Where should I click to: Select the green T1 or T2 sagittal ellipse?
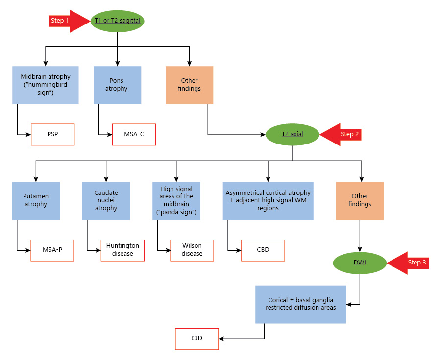(x=117, y=21)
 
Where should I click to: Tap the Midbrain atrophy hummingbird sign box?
(x=45, y=85)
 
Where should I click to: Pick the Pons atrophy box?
(x=117, y=85)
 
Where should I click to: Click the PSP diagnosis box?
(x=52, y=134)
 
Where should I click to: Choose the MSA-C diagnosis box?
(x=134, y=134)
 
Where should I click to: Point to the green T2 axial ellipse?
(x=293, y=134)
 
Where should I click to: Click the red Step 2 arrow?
(x=341, y=134)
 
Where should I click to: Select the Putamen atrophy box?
(x=36, y=201)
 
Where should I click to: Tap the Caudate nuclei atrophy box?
(x=106, y=201)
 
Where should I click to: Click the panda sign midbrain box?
(x=176, y=201)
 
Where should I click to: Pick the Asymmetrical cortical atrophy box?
(x=268, y=201)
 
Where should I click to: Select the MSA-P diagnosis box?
(x=52, y=250)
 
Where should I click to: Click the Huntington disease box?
(x=122, y=250)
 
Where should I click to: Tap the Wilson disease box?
(x=192, y=250)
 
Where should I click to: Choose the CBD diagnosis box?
(x=263, y=250)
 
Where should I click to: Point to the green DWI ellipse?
(x=360, y=263)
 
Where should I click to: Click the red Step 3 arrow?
(x=408, y=263)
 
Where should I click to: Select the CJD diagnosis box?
(x=197, y=338)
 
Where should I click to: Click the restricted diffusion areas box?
(x=301, y=304)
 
